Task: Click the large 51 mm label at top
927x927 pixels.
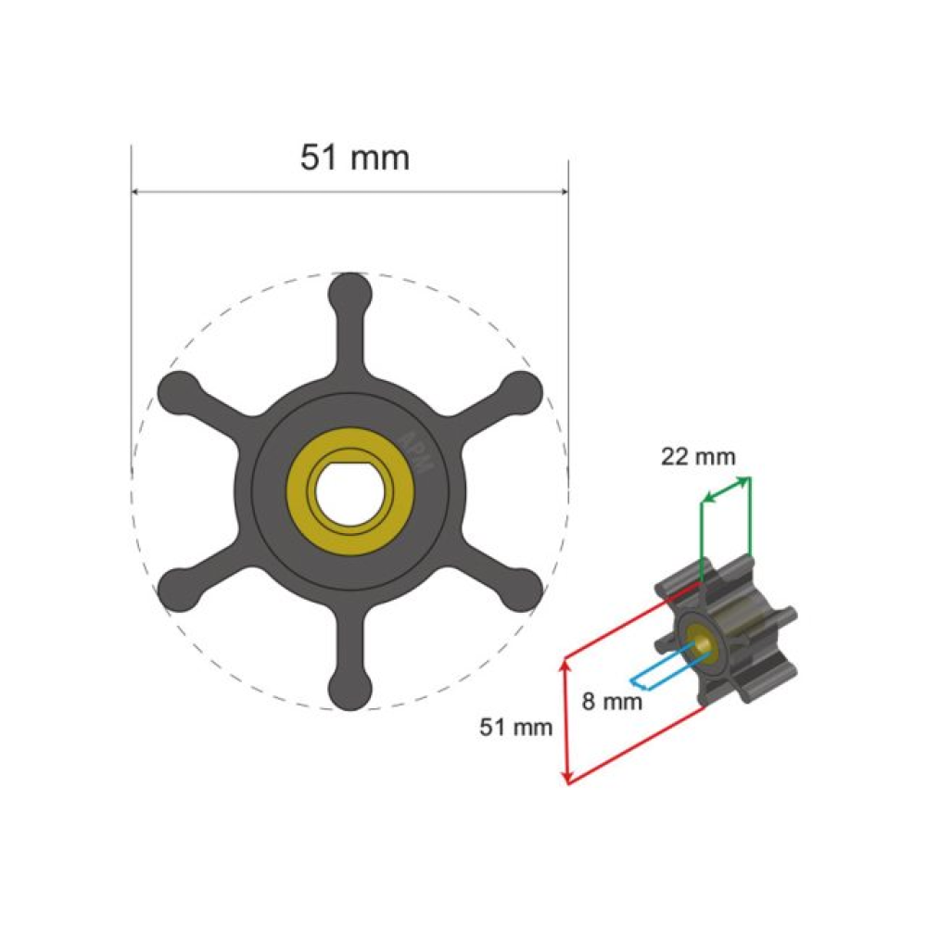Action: [355, 158]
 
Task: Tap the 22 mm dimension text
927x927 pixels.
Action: [698, 456]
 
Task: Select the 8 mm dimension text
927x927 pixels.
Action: [612, 702]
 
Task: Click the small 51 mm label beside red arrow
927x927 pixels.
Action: [515, 727]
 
